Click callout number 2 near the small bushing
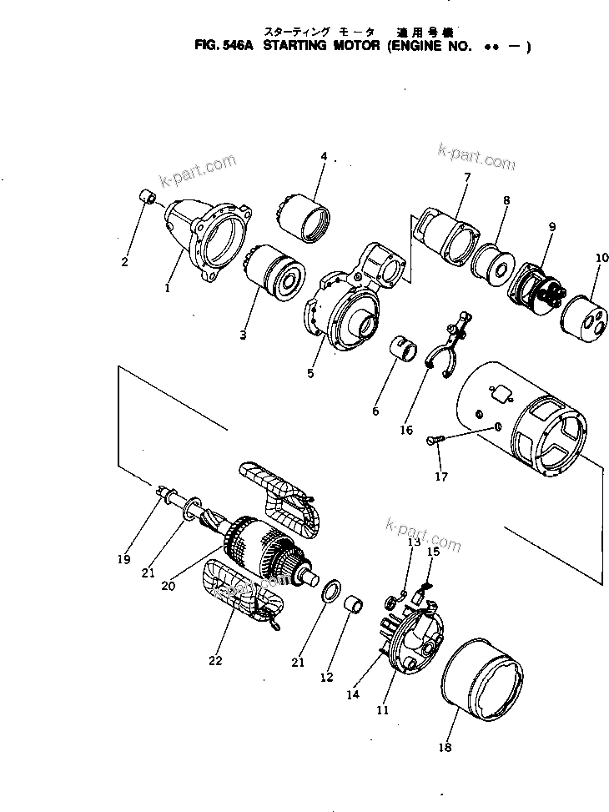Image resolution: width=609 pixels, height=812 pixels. pos(124,262)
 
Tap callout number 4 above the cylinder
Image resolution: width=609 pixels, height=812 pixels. pos(324,156)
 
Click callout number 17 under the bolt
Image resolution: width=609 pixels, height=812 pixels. pos(440,477)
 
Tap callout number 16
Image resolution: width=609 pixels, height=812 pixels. pos(406,431)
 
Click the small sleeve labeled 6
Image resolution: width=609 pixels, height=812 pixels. pos(404,348)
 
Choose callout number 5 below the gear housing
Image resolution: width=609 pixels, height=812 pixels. pos(310,373)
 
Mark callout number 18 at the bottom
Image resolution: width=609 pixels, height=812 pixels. pos(445,747)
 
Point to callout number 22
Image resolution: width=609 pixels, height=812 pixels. pos(216,660)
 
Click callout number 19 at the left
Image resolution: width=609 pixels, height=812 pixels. pos(123,559)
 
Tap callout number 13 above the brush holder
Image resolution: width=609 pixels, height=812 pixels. pos(415,542)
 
